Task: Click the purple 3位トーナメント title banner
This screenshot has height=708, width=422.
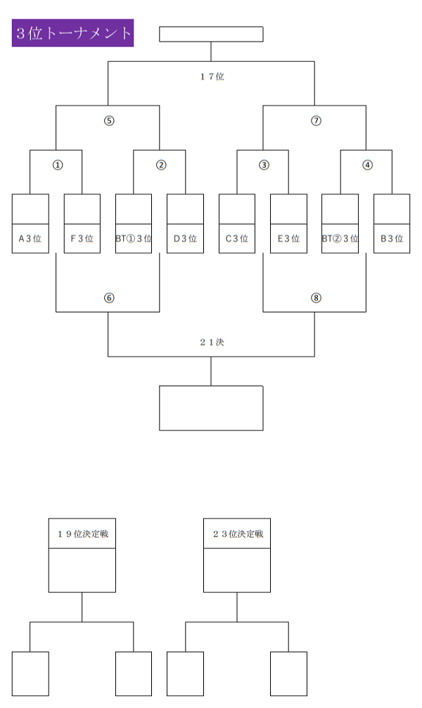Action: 72,33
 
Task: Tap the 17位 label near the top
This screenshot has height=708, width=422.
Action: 212,77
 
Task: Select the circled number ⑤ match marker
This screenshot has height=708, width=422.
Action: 109,120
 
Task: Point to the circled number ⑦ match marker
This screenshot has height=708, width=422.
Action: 316,120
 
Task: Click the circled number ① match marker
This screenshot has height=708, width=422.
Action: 57,165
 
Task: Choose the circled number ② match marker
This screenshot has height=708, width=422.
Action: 161,165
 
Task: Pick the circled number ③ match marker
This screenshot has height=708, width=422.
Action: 264,165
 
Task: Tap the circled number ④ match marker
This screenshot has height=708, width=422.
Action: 367,165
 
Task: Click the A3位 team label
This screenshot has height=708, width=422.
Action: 30,239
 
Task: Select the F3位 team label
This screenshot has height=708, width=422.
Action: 82,239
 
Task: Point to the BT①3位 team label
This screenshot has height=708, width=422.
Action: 134,239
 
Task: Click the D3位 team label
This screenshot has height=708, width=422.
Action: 185,239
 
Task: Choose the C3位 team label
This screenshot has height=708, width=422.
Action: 237,239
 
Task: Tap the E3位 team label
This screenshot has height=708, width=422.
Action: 288,239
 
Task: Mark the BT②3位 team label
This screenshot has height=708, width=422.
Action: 340,239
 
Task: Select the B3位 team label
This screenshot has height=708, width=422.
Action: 392,239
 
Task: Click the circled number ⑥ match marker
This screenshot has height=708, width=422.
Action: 109,298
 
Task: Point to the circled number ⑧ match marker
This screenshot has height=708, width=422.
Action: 316,298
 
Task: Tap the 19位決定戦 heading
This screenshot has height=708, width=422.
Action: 82,534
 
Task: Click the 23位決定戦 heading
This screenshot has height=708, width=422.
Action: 238,534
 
